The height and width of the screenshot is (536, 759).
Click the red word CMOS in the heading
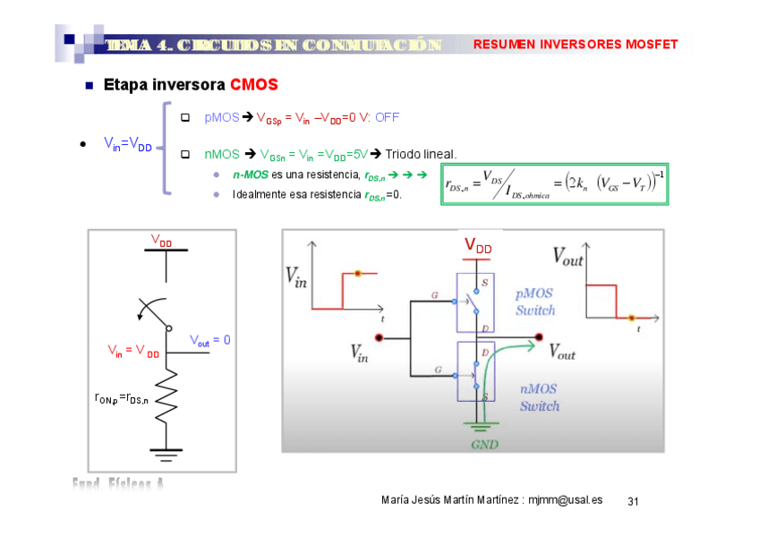253,85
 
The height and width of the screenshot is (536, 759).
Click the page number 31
633,500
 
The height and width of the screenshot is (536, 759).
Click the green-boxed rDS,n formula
554,183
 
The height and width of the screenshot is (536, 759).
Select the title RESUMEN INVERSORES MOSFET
575,45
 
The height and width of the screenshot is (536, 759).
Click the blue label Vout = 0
209,340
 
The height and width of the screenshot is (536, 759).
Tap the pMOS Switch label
535,302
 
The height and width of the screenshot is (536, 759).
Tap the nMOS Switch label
540,397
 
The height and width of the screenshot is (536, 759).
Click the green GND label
484,443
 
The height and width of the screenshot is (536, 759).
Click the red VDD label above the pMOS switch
477,246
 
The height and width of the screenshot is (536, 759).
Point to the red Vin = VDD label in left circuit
132,351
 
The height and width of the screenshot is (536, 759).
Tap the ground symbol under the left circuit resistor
166,453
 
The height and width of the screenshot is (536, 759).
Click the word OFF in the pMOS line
387,117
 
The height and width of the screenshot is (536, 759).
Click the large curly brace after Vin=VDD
165,148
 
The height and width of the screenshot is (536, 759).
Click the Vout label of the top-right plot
567,258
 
